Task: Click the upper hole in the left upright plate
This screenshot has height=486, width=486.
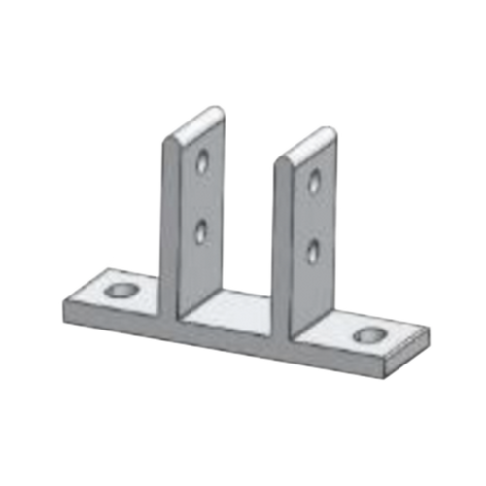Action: [x=202, y=159]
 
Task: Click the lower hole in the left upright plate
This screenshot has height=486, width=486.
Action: [x=201, y=229]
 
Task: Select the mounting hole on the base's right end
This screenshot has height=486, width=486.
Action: [x=369, y=336]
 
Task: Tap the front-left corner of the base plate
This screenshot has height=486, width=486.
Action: [x=62, y=305]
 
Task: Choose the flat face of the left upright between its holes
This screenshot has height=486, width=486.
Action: [x=202, y=194]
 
